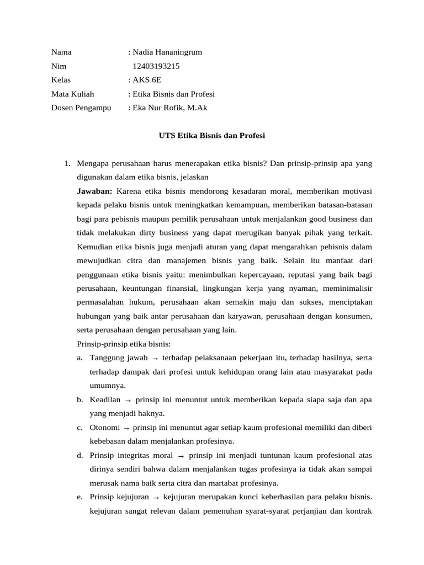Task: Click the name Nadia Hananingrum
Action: (x=167, y=52)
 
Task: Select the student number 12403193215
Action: (x=156, y=66)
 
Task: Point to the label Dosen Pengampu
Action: (x=81, y=108)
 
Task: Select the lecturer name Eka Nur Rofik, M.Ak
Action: (x=169, y=108)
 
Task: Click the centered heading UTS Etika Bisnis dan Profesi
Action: (x=211, y=135)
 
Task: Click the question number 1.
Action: (x=66, y=164)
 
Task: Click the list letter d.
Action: (x=80, y=455)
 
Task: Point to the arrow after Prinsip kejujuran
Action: (x=156, y=497)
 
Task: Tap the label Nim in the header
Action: (x=59, y=66)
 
